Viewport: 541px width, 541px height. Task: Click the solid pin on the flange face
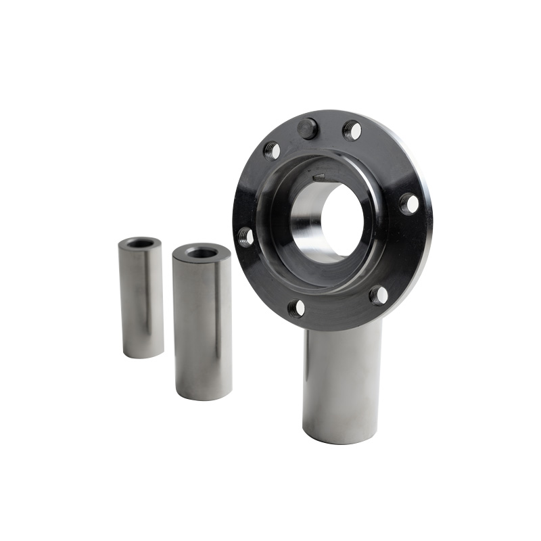point(308,127)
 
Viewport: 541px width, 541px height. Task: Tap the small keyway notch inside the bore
point(319,178)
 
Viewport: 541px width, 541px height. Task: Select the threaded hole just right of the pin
point(352,130)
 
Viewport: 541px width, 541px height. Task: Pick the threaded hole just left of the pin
point(272,150)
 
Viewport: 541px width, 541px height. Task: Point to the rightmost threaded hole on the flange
point(408,204)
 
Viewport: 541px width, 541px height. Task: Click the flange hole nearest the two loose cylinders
point(245,236)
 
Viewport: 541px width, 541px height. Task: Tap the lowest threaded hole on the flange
point(296,309)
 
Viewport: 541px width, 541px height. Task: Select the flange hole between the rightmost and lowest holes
point(379,295)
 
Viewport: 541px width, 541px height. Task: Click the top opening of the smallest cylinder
point(141,243)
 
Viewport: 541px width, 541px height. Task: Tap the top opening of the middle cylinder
point(202,252)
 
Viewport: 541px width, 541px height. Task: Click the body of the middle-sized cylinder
point(203,325)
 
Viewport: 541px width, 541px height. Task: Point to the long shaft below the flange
point(342,379)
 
